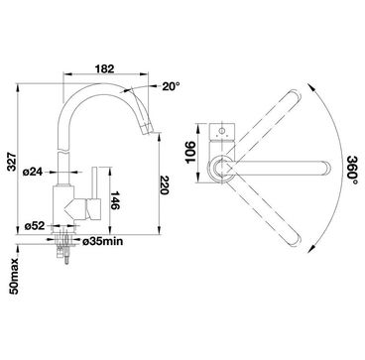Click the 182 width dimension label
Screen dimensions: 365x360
pyautogui.click(x=104, y=68)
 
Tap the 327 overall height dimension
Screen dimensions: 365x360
pyautogui.click(x=12, y=162)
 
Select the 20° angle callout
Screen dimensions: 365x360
pyautogui.click(x=171, y=86)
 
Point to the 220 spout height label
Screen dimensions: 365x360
pyautogui.click(x=165, y=185)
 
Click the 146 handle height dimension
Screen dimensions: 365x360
pyautogui.click(x=115, y=200)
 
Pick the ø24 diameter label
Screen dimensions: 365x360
pyautogui.click(x=33, y=172)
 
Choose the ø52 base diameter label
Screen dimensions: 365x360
pyautogui.click(x=35, y=226)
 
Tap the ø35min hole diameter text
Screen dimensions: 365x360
pyautogui.click(x=102, y=242)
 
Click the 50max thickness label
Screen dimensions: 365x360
pyautogui.click(x=15, y=277)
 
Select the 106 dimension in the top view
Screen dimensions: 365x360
pyautogui.click(x=190, y=152)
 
